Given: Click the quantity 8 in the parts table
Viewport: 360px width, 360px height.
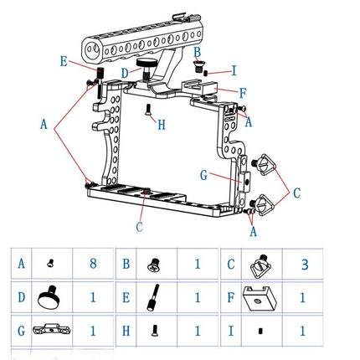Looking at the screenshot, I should [x=92, y=264].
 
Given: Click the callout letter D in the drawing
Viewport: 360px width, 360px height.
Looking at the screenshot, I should [x=125, y=74].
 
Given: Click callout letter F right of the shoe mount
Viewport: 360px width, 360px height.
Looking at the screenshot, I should [x=242, y=93].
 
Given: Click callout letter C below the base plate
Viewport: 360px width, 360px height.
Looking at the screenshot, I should [x=139, y=226].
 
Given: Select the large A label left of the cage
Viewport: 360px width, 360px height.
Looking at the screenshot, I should [x=44, y=122].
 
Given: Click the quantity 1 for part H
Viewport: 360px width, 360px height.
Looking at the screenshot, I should [x=198, y=332].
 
